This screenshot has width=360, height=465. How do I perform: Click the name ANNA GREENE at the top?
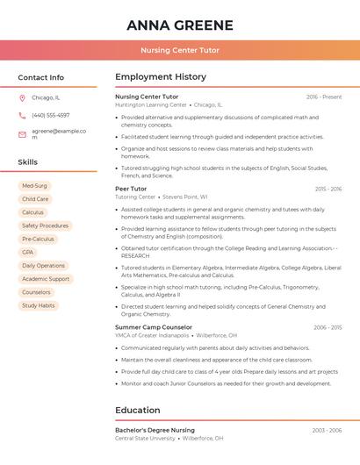tap(180, 25)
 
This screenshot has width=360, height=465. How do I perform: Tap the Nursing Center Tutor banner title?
tap(180, 51)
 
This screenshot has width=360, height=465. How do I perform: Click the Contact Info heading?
tap(41, 77)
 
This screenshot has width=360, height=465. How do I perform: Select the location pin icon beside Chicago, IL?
tap(22, 98)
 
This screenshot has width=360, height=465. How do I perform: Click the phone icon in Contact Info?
tap(22, 115)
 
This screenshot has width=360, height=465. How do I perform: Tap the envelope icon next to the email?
tap(22, 134)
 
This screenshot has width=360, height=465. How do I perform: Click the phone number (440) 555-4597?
tap(51, 115)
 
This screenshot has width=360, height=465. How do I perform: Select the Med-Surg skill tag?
tap(34, 186)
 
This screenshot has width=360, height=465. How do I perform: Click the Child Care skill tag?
tap(35, 199)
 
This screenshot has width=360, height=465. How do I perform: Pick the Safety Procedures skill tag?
tap(45, 225)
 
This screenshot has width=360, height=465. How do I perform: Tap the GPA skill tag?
tap(28, 252)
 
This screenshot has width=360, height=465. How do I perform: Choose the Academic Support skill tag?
tap(46, 279)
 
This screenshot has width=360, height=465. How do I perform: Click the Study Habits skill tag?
tap(39, 305)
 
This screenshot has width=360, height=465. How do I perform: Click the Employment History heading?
tap(161, 77)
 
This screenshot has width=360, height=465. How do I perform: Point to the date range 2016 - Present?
tap(324, 97)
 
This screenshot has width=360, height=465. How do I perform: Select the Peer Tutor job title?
tap(131, 189)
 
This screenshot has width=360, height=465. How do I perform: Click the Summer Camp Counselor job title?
tap(154, 327)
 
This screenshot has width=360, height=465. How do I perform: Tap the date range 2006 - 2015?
tap(328, 327)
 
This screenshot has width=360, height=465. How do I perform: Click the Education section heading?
tap(139, 410)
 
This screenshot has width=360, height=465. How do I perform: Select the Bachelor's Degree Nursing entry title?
tap(155, 430)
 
